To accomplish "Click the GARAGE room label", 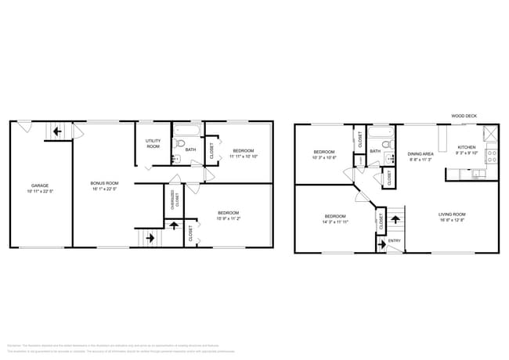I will tap(39, 185).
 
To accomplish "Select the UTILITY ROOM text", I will tap(153, 144).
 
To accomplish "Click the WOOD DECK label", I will tap(464, 116).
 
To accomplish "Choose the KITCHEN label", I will tap(467, 147).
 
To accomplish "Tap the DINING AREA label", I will tap(421, 154).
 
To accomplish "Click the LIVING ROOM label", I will tap(452, 214).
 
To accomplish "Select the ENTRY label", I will tap(394, 240).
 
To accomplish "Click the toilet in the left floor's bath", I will tap(179, 144).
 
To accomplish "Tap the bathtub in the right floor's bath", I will tap(381, 131).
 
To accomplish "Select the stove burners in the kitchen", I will tap(492, 155).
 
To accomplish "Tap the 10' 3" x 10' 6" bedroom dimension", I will tap(324, 157).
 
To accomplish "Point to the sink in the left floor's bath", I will tap(176, 158).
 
